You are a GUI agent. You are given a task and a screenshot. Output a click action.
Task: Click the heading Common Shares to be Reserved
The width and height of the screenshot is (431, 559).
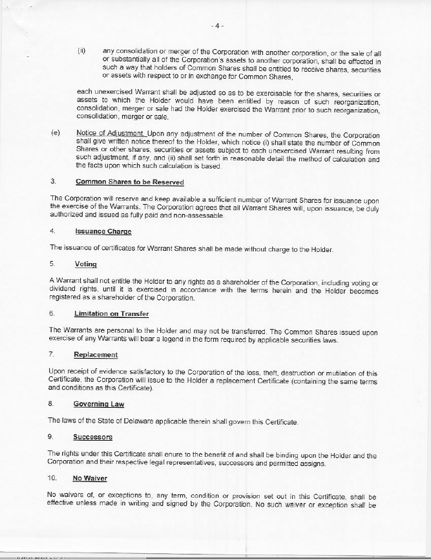tap(120, 181)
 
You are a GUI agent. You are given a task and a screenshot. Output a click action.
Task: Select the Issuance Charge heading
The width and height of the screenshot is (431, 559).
tap(103, 231)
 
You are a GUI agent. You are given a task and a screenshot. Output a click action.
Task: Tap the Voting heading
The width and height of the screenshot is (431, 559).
tap(86, 264)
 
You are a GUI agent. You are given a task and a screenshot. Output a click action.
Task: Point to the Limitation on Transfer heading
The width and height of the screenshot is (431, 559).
tap(112, 313)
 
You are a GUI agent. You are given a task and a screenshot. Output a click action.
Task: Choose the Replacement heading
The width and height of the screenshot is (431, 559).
tap(96, 355)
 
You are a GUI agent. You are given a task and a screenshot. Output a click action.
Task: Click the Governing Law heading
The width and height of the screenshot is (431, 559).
tap(99, 404)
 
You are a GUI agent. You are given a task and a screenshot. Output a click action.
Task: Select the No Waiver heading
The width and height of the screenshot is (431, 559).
tap(90, 478)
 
